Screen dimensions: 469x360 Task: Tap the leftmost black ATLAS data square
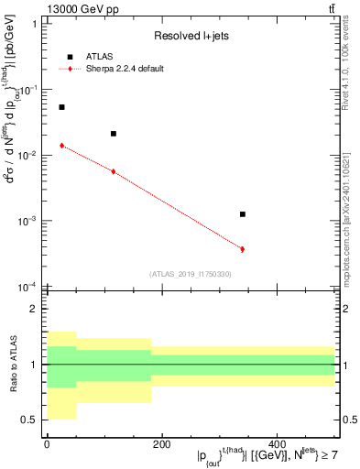click(x=61, y=107)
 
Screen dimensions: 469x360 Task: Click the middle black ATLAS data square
click(x=113, y=134)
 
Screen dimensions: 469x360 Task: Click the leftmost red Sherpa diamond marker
click(x=61, y=146)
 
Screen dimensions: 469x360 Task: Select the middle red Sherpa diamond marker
click(x=113, y=171)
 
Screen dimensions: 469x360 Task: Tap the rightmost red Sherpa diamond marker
click(x=243, y=249)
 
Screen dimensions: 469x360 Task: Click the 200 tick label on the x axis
click(x=161, y=444)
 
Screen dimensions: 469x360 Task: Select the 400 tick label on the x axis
click(x=277, y=444)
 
